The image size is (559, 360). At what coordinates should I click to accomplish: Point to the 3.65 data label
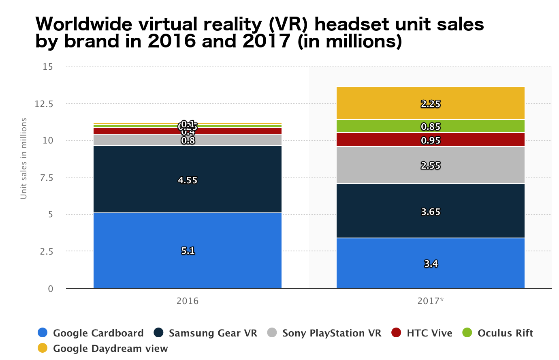pos(431,212)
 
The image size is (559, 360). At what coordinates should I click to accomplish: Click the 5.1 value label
pos(188,251)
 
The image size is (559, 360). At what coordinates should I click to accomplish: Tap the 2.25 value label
pos(431,104)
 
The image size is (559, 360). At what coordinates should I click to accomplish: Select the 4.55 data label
pos(188,180)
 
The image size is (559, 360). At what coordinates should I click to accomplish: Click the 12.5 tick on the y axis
pos(44,104)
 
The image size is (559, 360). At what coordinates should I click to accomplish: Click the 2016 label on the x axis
pos(188,301)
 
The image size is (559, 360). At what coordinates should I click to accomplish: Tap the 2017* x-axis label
pos(431,301)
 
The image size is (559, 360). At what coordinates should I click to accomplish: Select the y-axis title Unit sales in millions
pos(24,159)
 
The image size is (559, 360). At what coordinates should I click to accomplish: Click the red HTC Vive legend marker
pos(396,333)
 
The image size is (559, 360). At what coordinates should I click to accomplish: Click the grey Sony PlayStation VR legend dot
pos(272,333)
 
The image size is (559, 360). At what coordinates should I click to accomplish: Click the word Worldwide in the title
pos(84,24)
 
